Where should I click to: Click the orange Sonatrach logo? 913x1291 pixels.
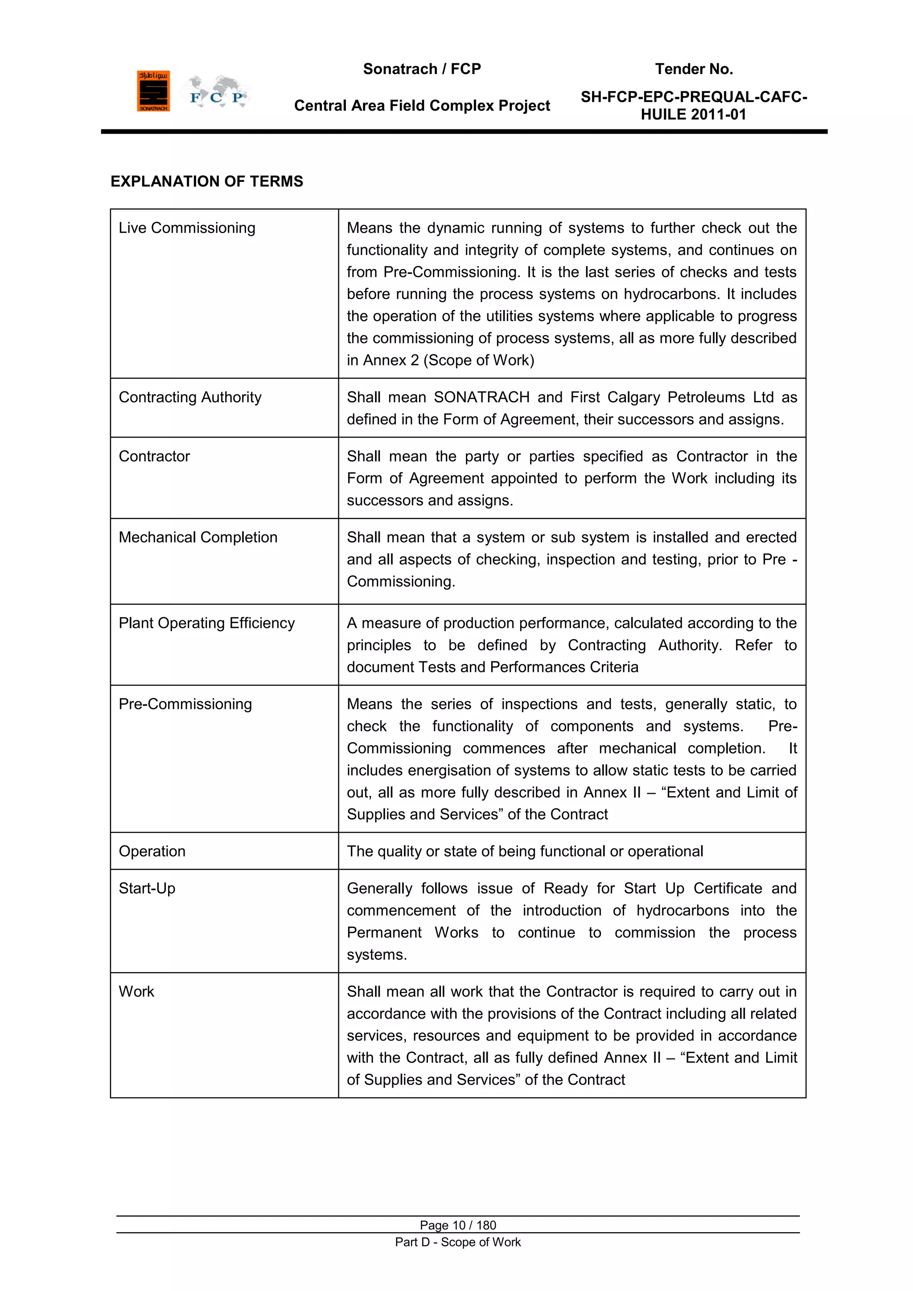coord(153,91)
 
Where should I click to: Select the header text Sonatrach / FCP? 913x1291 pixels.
coord(422,69)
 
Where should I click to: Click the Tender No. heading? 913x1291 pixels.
coord(694,69)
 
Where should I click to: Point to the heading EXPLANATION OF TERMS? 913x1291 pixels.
coord(206,181)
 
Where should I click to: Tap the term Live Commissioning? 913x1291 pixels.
coord(187,228)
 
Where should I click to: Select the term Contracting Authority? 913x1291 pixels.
coord(190,397)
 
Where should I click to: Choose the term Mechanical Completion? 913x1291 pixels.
coord(198,537)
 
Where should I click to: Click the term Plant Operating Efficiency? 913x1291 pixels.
coord(206,623)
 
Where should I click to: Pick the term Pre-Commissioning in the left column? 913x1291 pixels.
coord(185,704)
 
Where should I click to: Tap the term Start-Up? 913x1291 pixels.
coord(147,888)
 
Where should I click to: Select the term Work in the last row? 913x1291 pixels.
coord(136,991)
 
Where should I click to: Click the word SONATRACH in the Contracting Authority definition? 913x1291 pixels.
coord(481,397)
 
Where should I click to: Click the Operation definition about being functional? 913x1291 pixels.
coord(525,851)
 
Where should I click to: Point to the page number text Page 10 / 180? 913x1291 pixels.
coord(458,1225)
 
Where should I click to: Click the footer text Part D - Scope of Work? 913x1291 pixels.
coord(458,1242)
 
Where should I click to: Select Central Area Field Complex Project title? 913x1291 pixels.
coord(422,106)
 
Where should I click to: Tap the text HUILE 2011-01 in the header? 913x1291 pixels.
coord(694,115)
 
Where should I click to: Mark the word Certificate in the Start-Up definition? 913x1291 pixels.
coord(728,888)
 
